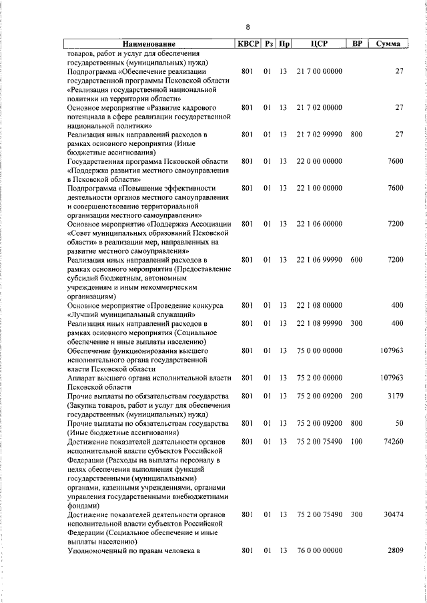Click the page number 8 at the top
[x=248, y=27]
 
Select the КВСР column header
[x=247, y=44]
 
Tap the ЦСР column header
[x=318, y=44]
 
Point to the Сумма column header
[x=388, y=44]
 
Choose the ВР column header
[x=357, y=44]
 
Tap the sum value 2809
[x=394, y=550]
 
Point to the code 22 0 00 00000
[x=319, y=161]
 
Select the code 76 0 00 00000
[x=319, y=550]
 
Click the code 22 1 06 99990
[x=319, y=259]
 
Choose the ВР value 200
[x=356, y=396]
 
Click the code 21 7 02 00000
[x=319, y=107]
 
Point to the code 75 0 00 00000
[x=319, y=349]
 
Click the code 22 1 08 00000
[x=319, y=304]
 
